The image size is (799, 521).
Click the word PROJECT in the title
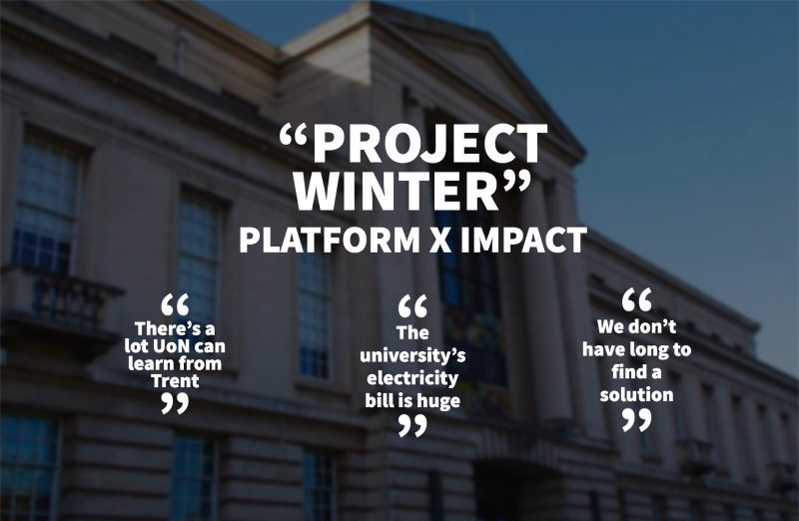click(429, 145)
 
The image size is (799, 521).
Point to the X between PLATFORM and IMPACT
click(440, 240)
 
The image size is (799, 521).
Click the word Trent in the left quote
click(175, 381)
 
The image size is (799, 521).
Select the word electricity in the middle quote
click(412, 378)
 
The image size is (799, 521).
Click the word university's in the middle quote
click(412, 355)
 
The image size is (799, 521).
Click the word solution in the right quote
click(636, 394)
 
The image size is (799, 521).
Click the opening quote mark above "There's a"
click(175, 304)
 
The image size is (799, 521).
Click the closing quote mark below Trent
click(175, 403)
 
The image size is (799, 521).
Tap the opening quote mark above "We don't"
click(636, 299)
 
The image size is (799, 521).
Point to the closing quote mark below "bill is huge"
click(412, 426)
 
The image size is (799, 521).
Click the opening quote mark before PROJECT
click(295, 138)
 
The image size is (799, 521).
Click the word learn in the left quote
click(148, 363)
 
